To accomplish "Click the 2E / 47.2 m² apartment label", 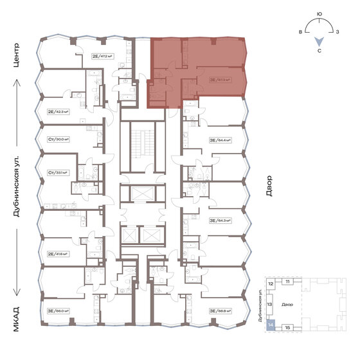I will [x=102, y=57].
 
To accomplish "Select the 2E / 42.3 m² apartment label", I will [x=59, y=111].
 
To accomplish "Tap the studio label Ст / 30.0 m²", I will [x=59, y=139].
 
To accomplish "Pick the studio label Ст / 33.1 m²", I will [x=59, y=172].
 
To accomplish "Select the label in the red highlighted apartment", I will [x=219, y=80].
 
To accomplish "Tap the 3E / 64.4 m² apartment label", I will [x=219, y=139].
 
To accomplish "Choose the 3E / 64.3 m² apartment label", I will [x=219, y=221].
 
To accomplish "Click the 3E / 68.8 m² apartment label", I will [x=219, y=310].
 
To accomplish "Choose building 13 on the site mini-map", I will [x=271, y=305].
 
